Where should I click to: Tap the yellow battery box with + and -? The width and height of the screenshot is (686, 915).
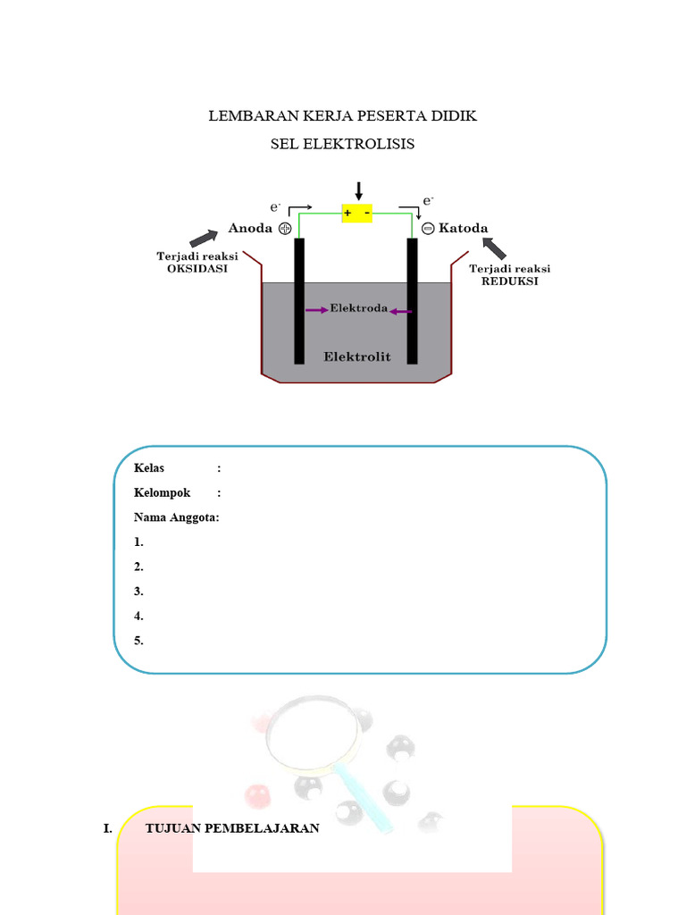click(357, 213)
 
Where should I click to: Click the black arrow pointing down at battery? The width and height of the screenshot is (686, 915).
click(359, 190)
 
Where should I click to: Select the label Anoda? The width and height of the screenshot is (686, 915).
click(250, 228)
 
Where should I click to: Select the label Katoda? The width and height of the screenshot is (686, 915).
click(464, 228)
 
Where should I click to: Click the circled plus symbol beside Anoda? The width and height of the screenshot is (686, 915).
click(286, 229)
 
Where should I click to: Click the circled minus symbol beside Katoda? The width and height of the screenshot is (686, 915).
click(428, 229)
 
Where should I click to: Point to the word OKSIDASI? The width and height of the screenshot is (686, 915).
click(197, 269)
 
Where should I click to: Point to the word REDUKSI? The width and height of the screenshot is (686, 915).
click(510, 281)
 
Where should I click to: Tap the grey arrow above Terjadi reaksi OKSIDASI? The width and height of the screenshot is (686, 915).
click(203, 238)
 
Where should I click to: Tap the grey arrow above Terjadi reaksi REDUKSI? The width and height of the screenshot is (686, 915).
click(494, 247)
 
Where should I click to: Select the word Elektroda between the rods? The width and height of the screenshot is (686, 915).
click(359, 309)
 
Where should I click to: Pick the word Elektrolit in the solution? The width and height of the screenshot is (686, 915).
click(357, 357)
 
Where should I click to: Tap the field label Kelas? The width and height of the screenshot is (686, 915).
click(149, 467)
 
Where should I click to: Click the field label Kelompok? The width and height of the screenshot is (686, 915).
click(162, 492)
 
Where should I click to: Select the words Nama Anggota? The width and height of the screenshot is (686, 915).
click(176, 517)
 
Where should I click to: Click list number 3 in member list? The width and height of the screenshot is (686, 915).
click(138, 592)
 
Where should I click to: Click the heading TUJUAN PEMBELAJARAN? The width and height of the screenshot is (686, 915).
click(232, 828)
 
